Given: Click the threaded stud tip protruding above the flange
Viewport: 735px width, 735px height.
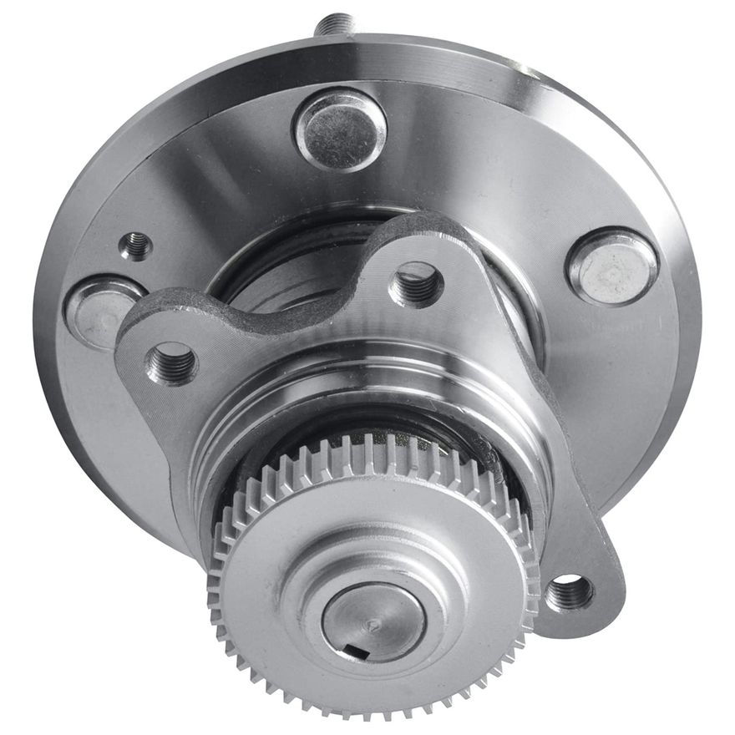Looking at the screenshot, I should pyautogui.click(x=334, y=23).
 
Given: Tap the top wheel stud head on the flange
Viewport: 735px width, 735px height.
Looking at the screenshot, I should pyautogui.click(x=340, y=129).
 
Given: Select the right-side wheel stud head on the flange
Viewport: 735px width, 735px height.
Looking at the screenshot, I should pyautogui.click(x=611, y=266).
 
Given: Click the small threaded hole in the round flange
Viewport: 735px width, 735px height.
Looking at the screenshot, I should pyautogui.click(x=136, y=246).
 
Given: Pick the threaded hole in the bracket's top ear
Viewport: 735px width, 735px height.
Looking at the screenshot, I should pyautogui.click(x=416, y=284).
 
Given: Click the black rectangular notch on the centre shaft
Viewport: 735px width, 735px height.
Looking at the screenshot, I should pyautogui.click(x=357, y=649).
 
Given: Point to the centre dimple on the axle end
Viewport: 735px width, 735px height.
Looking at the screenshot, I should pyautogui.click(x=375, y=623).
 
